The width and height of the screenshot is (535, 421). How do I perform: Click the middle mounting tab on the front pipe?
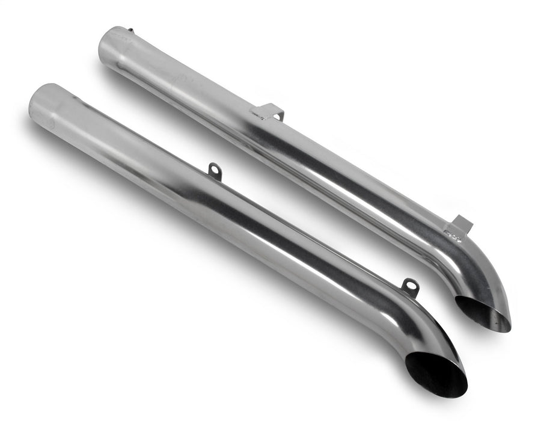pos(215,171)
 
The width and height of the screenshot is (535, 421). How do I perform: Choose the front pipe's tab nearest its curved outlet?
pos(411,287)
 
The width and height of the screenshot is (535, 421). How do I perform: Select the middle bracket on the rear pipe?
pos(269,111)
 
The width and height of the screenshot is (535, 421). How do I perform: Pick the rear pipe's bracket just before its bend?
pos(461,224)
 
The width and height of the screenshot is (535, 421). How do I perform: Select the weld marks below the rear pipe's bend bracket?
pos(453,235)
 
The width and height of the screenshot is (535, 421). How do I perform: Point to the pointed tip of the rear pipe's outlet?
pos(509,325)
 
